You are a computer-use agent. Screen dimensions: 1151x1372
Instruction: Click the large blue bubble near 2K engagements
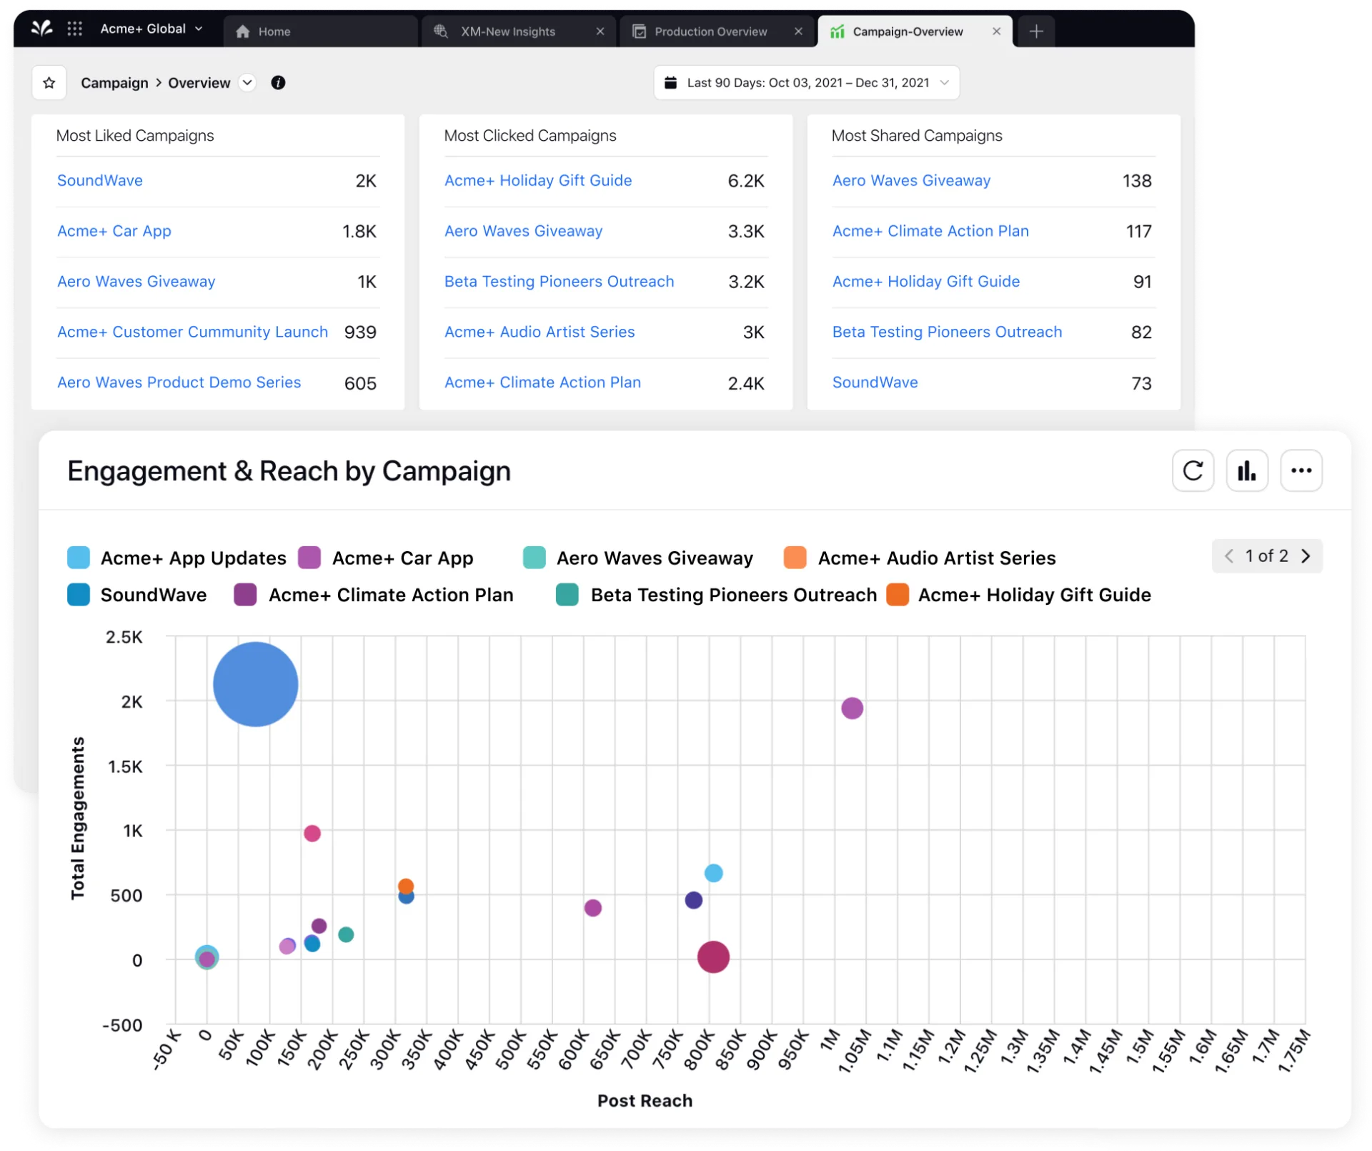click(x=255, y=684)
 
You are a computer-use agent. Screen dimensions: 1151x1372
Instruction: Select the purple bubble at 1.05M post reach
click(x=852, y=708)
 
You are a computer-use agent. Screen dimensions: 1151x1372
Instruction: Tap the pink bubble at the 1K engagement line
click(x=312, y=834)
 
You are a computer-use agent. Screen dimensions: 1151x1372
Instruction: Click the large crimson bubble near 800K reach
click(x=713, y=957)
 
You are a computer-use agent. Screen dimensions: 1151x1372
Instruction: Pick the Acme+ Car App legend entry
click(x=402, y=558)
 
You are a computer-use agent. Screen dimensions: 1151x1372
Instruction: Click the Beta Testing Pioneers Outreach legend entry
click(x=732, y=595)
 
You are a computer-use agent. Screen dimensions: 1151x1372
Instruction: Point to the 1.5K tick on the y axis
click(x=125, y=767)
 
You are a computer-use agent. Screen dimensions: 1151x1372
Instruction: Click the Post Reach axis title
click(x=645, y=1101)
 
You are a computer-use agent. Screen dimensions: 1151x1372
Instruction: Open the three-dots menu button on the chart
click(x=1301, y=470)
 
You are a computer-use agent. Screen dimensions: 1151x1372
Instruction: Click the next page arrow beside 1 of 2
click(x=1306, y=556)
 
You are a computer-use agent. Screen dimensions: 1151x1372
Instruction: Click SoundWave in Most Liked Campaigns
click(x=100, y=180)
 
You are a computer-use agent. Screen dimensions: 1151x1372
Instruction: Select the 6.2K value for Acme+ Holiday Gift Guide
click(x=745, y=181)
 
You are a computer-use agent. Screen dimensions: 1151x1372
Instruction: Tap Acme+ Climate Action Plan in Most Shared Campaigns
click(x=930, y=231)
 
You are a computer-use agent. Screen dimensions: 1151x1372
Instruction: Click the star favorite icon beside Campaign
click(x=49, y=83)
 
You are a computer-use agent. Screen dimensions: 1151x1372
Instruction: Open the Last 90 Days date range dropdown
click(x=806, y=83)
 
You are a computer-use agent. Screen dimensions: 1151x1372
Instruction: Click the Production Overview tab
click(x=710, y=31)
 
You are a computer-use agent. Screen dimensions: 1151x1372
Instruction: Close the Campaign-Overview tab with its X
click(x=996, y=31)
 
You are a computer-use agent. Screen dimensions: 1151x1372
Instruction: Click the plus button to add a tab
click(x=1036, y=31)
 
